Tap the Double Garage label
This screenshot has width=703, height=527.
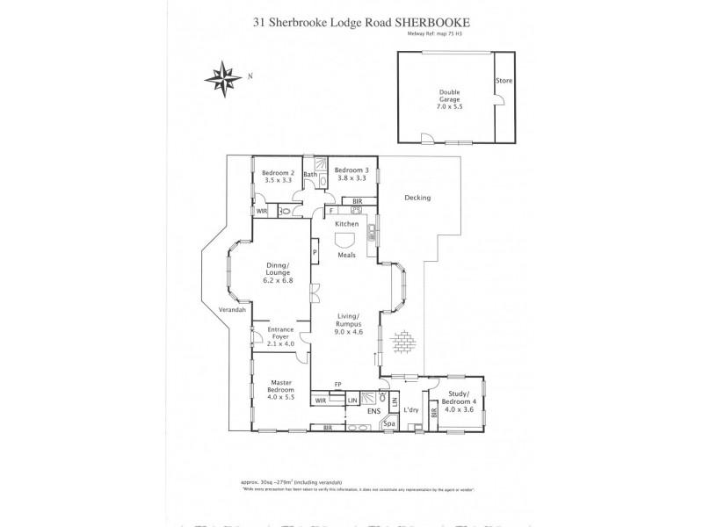coord(449,100)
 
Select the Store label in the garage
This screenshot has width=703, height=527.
coord(504,81)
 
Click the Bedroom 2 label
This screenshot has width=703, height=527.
coord(279,175)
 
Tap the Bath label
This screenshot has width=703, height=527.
coord(309,175)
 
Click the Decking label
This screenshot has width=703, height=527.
coord(417,198)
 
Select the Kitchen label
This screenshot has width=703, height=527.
coord(346,225)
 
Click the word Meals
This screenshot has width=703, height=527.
coord(347,256)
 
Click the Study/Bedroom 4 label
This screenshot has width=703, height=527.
coord(462,399)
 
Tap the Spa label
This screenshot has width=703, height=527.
coord(389,425)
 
